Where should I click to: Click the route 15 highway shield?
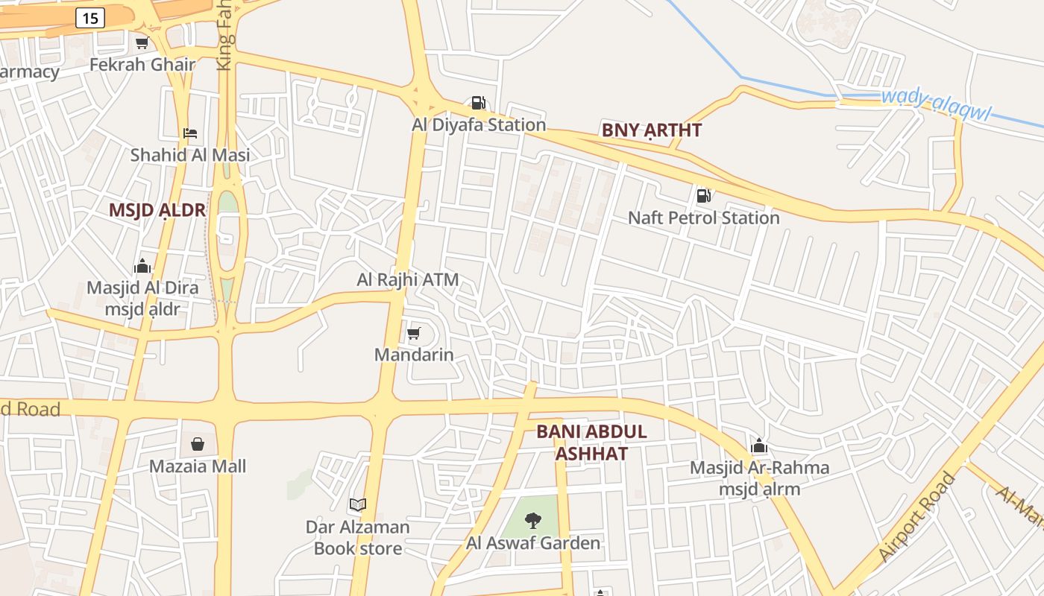pos(89,19)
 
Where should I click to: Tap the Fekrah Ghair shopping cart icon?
pos(142,42)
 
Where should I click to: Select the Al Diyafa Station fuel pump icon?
pos(478,103)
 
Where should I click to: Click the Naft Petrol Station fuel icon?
pos(703,196)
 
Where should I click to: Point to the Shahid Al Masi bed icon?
pos(190,133)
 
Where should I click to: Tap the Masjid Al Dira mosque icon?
pos(142,266)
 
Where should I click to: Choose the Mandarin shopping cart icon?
pos(414,333)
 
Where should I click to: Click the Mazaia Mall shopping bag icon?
pos(198,444)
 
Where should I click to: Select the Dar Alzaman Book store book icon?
pos(358,504)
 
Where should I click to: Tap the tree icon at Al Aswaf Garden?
pos(533,521)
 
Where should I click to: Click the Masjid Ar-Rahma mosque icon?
pos(759,446)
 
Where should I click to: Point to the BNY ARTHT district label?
pos(652,130)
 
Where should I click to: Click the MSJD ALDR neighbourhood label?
pos(157,210)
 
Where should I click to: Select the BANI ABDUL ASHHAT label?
pos(591,443)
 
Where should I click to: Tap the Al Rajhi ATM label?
pos(407,280)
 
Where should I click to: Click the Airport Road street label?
pos(916,517)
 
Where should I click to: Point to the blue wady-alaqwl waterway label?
pos(935,104)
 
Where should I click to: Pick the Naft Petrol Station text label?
pos(703,218)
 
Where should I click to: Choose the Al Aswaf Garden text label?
pos(533,543)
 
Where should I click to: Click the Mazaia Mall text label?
pos(198,466)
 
